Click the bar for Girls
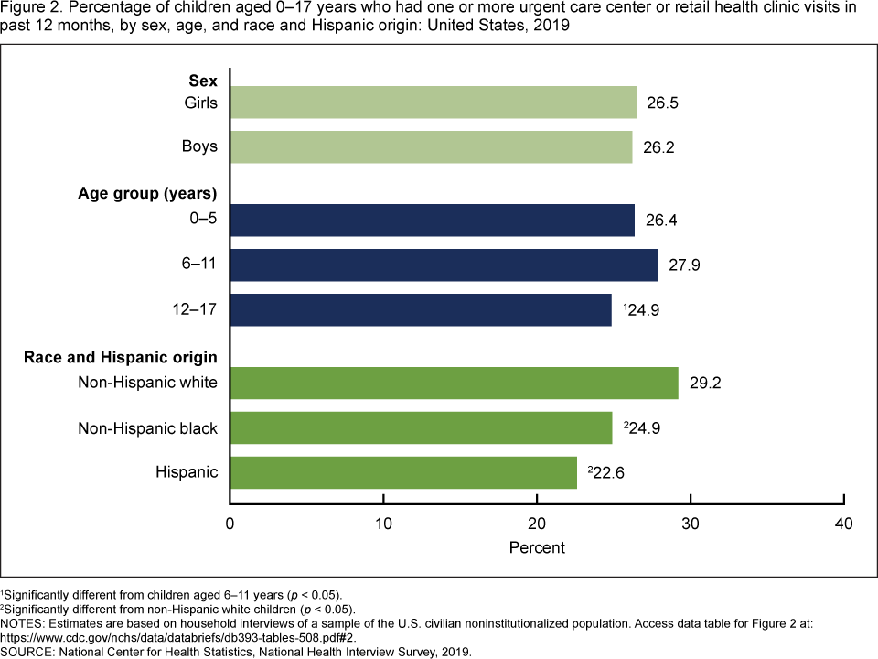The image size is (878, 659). coord(434,103)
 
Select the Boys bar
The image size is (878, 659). coord(431,146)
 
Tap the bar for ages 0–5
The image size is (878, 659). coord(433,221)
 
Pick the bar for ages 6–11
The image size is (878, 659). coord(444,265)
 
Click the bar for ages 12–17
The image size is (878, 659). coord(421,309)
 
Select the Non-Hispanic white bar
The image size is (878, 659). coord(454,383)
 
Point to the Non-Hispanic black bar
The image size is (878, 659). coord(421,427)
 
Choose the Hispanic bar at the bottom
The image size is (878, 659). coord(403,471)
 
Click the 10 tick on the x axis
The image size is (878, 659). coord(383,524)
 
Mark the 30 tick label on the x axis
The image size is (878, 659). coord(691,524)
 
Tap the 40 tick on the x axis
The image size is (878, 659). coord(844,524)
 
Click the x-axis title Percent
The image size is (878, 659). coord(537,547)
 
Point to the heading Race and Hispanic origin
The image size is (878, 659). coord(121,356)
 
